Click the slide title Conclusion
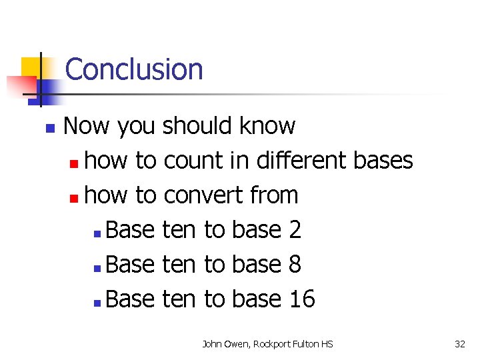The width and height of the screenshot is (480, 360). pyautogui.click(x=134, y=69)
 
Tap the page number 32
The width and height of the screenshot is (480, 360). pyautogui.click(x=459, y=344)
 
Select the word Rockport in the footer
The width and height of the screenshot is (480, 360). pyautogui.click(x=272, y=344)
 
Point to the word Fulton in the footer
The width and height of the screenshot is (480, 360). pyautogui.click(x=306, y=344)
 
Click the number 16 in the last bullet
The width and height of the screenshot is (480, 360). pyautogui.click(x=302, y=299)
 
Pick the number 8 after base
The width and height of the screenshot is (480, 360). pyautogui.click(x=295, y=265)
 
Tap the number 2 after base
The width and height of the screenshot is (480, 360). pyautogui.click(x=295, y=230)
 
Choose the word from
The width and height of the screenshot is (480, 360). pyautogui.click(x=274, y=195)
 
